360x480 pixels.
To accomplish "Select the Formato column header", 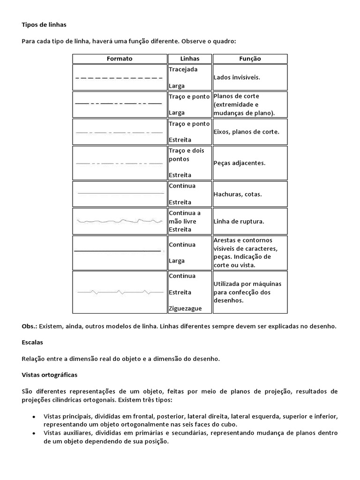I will (120, 59).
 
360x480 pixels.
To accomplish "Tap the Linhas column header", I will (189, 59).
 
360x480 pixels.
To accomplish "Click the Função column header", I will (250, 59).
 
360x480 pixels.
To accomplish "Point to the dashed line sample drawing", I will (119, 78).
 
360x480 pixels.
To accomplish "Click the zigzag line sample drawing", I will (120, 292).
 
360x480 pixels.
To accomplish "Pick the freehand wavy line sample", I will (120, 220).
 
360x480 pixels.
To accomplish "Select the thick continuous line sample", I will (117, 252).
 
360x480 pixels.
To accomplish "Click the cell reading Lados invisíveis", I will (236, 77).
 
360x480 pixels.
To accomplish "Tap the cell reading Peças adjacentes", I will (239, 163).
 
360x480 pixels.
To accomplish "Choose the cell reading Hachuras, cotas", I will (237, 194).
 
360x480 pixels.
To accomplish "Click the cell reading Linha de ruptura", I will (239, 221).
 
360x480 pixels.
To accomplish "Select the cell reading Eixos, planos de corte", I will (246, 132).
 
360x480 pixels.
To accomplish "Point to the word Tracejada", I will (183, 69).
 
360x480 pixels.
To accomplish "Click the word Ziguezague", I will (185, 308).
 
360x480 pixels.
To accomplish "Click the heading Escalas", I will (32, 343).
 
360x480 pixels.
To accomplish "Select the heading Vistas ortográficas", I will (50, 375).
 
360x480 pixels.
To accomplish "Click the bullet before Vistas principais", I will (34, 416).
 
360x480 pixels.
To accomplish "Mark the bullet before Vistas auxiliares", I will (34, 434).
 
